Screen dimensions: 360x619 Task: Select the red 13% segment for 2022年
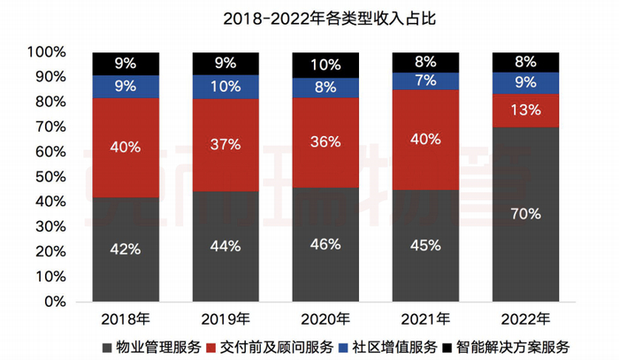(x=525, y=110)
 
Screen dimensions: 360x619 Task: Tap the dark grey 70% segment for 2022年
(x=525, y=214)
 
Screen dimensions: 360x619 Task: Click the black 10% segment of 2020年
(x=325, y=65)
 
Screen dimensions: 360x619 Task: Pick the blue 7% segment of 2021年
(x=425, y=80)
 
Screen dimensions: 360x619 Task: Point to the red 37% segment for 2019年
(x=225, y=144)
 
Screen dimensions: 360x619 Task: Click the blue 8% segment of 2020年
(x=325, y=88)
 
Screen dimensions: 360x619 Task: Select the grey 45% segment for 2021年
(x=425, y=245)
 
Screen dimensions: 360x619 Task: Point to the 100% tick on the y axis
(x=46, y=52)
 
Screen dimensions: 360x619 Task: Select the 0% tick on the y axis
(x=53, y=302)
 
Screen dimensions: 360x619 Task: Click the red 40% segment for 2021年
(x=425, y=139)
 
